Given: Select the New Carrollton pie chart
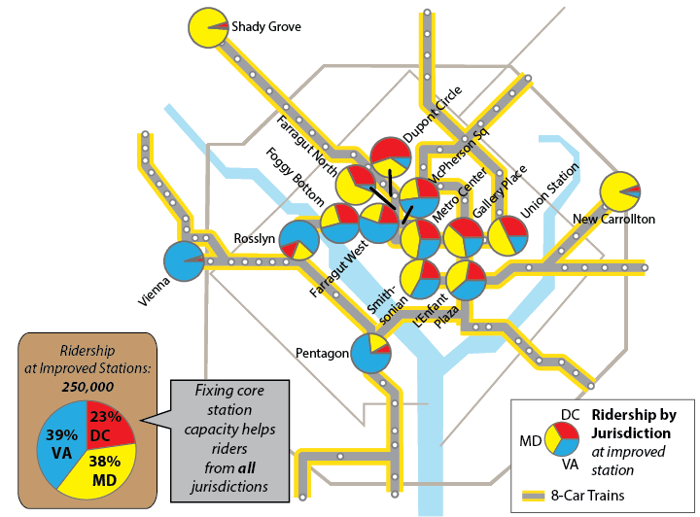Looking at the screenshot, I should [x=619, y=191].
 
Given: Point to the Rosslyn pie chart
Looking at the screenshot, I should [x=298, y=240].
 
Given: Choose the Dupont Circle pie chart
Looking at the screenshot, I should [x=392, y=157].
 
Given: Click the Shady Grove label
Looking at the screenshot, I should [x=265, y=27].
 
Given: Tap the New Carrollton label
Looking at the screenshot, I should [x=614, y=220].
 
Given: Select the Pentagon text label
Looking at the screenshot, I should [x=322, y=354].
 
